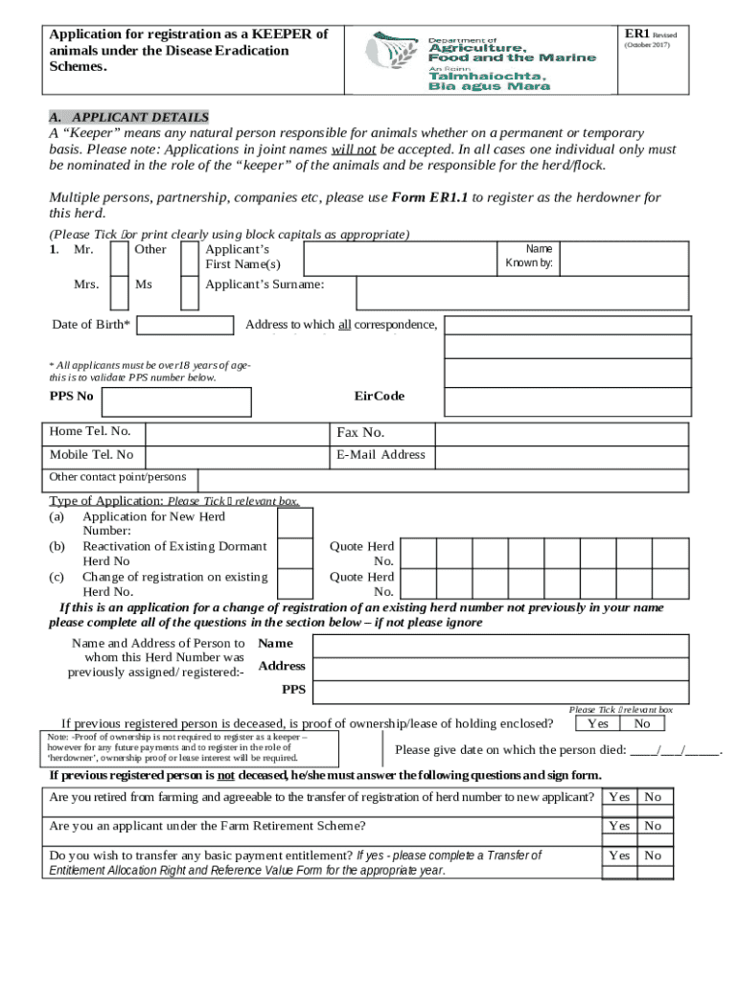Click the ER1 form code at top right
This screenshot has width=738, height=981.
[637, 34]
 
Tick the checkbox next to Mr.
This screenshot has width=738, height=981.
[119, 257]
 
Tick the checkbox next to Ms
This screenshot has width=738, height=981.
[190, 292]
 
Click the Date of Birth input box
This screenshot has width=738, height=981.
[186, 326]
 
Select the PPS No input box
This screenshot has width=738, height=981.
[177, 402]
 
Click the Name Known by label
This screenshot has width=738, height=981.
[529, 256]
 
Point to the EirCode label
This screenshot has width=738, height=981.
[380, 397]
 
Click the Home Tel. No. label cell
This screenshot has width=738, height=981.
[90, 432]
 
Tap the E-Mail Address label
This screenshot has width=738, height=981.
[381, 455]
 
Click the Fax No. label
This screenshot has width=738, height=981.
[360, 433]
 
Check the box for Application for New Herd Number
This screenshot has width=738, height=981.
[294, 523]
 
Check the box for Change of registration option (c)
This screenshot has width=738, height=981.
[294, 583]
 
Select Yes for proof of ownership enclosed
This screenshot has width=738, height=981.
[598, 724]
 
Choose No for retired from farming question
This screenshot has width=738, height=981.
[653, 797]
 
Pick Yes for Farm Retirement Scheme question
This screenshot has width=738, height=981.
[619, 826]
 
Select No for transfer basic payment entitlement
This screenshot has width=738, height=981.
[653, 856]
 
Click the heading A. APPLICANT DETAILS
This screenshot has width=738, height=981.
[128, 118]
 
